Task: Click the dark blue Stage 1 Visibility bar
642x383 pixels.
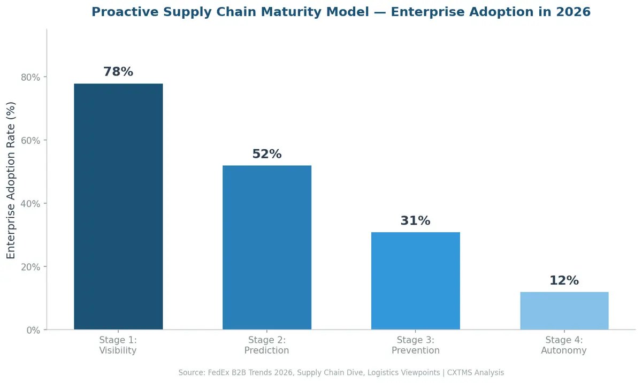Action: (x=118, y=206)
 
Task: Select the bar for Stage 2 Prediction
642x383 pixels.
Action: (x=267, y=248)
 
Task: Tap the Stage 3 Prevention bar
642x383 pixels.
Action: (x=416, y=281)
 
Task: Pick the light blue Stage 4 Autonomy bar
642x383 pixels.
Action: (x=564, y=311)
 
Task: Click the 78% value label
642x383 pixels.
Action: (x=118, y=72)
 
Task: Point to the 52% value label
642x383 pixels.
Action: (x=267, y=154)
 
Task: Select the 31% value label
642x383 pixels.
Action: (x=416, y=220)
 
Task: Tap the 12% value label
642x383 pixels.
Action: (x=564, y=280)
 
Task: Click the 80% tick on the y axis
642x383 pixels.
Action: (x=30, y=77)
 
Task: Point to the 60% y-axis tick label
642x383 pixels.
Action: (x=30, y=140)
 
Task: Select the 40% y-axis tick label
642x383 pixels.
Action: (x=30, y=203)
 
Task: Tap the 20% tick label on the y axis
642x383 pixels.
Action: (x=30, y=267)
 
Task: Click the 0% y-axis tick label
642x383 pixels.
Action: (x=33, y=330)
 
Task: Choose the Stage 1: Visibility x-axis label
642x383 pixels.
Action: (x=118, y=346)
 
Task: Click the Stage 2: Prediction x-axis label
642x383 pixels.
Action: (x=267, y=346)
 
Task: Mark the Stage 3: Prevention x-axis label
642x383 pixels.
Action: (x=416, y=346)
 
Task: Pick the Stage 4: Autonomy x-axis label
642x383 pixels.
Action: (x=564, y=346)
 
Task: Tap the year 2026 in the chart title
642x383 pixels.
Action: (x=573, y=12)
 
